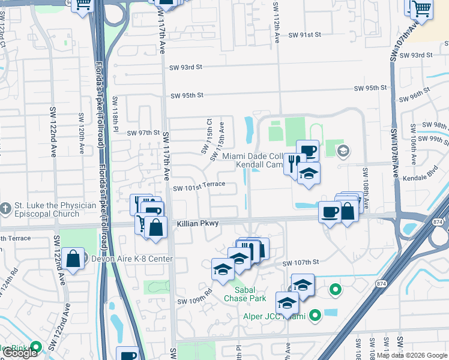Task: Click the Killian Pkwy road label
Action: pyautogui.click(x=197, y=223)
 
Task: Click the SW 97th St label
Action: pyautogui.click(x=143, y=133)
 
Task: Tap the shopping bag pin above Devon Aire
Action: pyautogui.click(x=73, y=260)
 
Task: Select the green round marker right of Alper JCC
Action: pyautogui.click(x=336, y=291)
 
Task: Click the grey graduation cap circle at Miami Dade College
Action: pyautogui.click(x=343, y=151)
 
